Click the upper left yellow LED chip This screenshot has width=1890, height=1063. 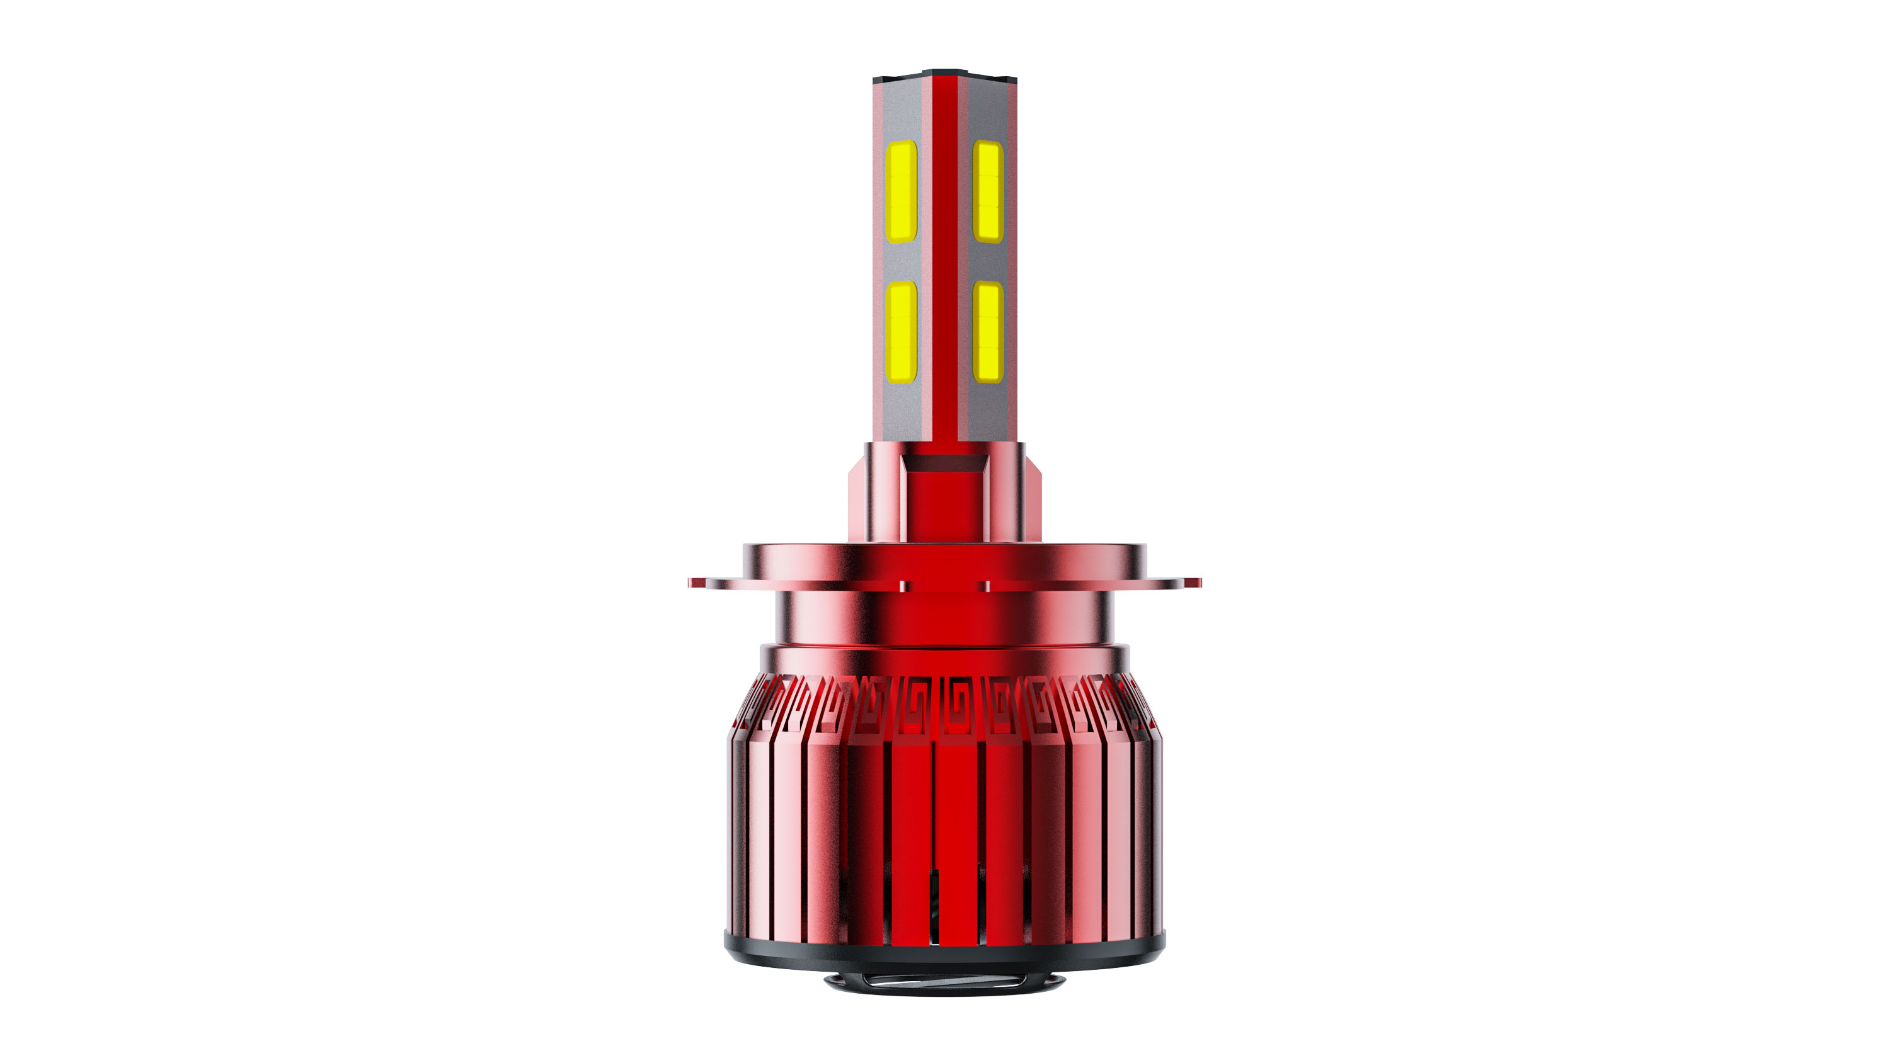click(x=901, y=191)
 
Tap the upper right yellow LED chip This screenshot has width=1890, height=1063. click(x=988, y=191)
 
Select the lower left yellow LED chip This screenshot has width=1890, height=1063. click(x=901, y=332)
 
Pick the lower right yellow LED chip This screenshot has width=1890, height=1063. click(x=988, y=332)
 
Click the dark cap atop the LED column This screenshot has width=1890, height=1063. click(x=944, y=75)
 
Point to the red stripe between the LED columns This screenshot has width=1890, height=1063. click(x=945, y=257)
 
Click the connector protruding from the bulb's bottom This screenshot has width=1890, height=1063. click(x=944, y=983)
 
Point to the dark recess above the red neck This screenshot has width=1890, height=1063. click(x=944, y=463)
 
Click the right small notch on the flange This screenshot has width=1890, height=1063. click(x=986, y=586)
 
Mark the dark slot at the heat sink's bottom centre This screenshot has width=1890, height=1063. click(x=934, y=906)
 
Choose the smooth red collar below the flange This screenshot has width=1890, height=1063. click(x=944, y=620)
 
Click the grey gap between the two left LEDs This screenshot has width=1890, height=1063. click(x=901, y=262)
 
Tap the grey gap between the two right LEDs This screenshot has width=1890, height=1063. click(x=988, y=262)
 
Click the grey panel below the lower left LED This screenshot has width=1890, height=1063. click(x=901, y=411)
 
